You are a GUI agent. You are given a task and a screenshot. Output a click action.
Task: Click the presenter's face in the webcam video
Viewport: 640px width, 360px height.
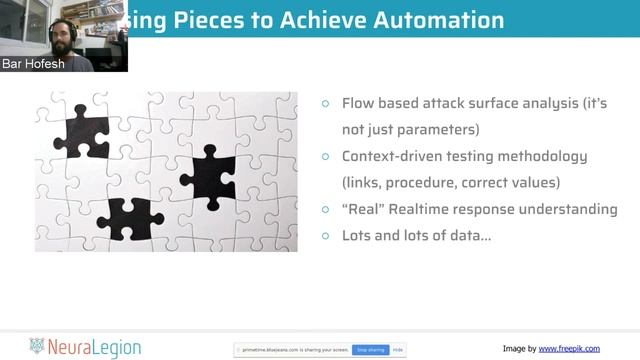(x=65, y=32)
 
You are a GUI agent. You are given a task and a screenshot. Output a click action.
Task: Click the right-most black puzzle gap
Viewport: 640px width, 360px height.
(x=209, y=176)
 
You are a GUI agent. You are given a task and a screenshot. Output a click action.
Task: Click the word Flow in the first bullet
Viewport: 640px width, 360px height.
(x=358, y=104)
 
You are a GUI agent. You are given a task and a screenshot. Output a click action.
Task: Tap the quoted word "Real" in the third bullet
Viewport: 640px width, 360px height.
(x=362, y=209)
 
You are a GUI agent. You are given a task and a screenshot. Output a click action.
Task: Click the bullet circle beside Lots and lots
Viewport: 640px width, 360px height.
(x=326, y=235)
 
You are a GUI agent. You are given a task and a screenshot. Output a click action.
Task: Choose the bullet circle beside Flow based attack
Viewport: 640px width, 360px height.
(x=326, y=104)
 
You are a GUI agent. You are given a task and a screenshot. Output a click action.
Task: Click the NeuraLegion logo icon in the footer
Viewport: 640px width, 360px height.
(x=38, y=347)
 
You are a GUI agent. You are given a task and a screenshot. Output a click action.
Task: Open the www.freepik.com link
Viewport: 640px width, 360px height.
(x=569, y=348)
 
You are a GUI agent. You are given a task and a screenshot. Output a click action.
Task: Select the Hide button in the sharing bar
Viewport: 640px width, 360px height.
(x=397, y=350)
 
